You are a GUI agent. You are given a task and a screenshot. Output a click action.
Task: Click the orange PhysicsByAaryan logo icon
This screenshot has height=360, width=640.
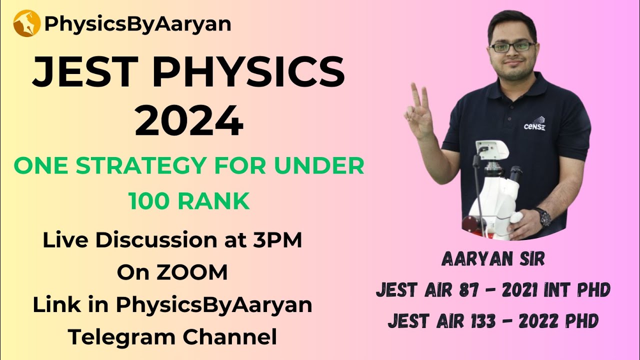(x=26, y=23)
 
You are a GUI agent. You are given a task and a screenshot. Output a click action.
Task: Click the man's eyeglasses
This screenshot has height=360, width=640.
(x=512, y=46)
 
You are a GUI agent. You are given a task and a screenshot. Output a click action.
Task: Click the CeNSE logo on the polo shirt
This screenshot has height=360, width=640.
(x=534, y=125)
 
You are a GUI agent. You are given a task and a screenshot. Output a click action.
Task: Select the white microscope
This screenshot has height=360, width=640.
(x=492, y=185)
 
